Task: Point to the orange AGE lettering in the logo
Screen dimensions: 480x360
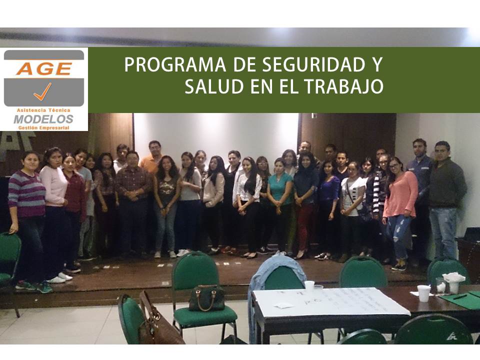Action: [x=44, y=68]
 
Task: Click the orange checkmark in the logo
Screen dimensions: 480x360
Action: [x=43, y=92]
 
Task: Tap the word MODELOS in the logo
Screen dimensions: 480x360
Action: [x=43, y=119]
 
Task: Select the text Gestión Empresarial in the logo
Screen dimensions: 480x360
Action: [x=43, y=127]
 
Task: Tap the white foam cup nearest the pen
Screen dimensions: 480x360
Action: [x=424, y=293]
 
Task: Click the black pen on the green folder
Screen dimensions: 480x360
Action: [x=460, y=296]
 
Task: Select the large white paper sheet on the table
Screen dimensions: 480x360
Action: [x=330, y=301]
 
